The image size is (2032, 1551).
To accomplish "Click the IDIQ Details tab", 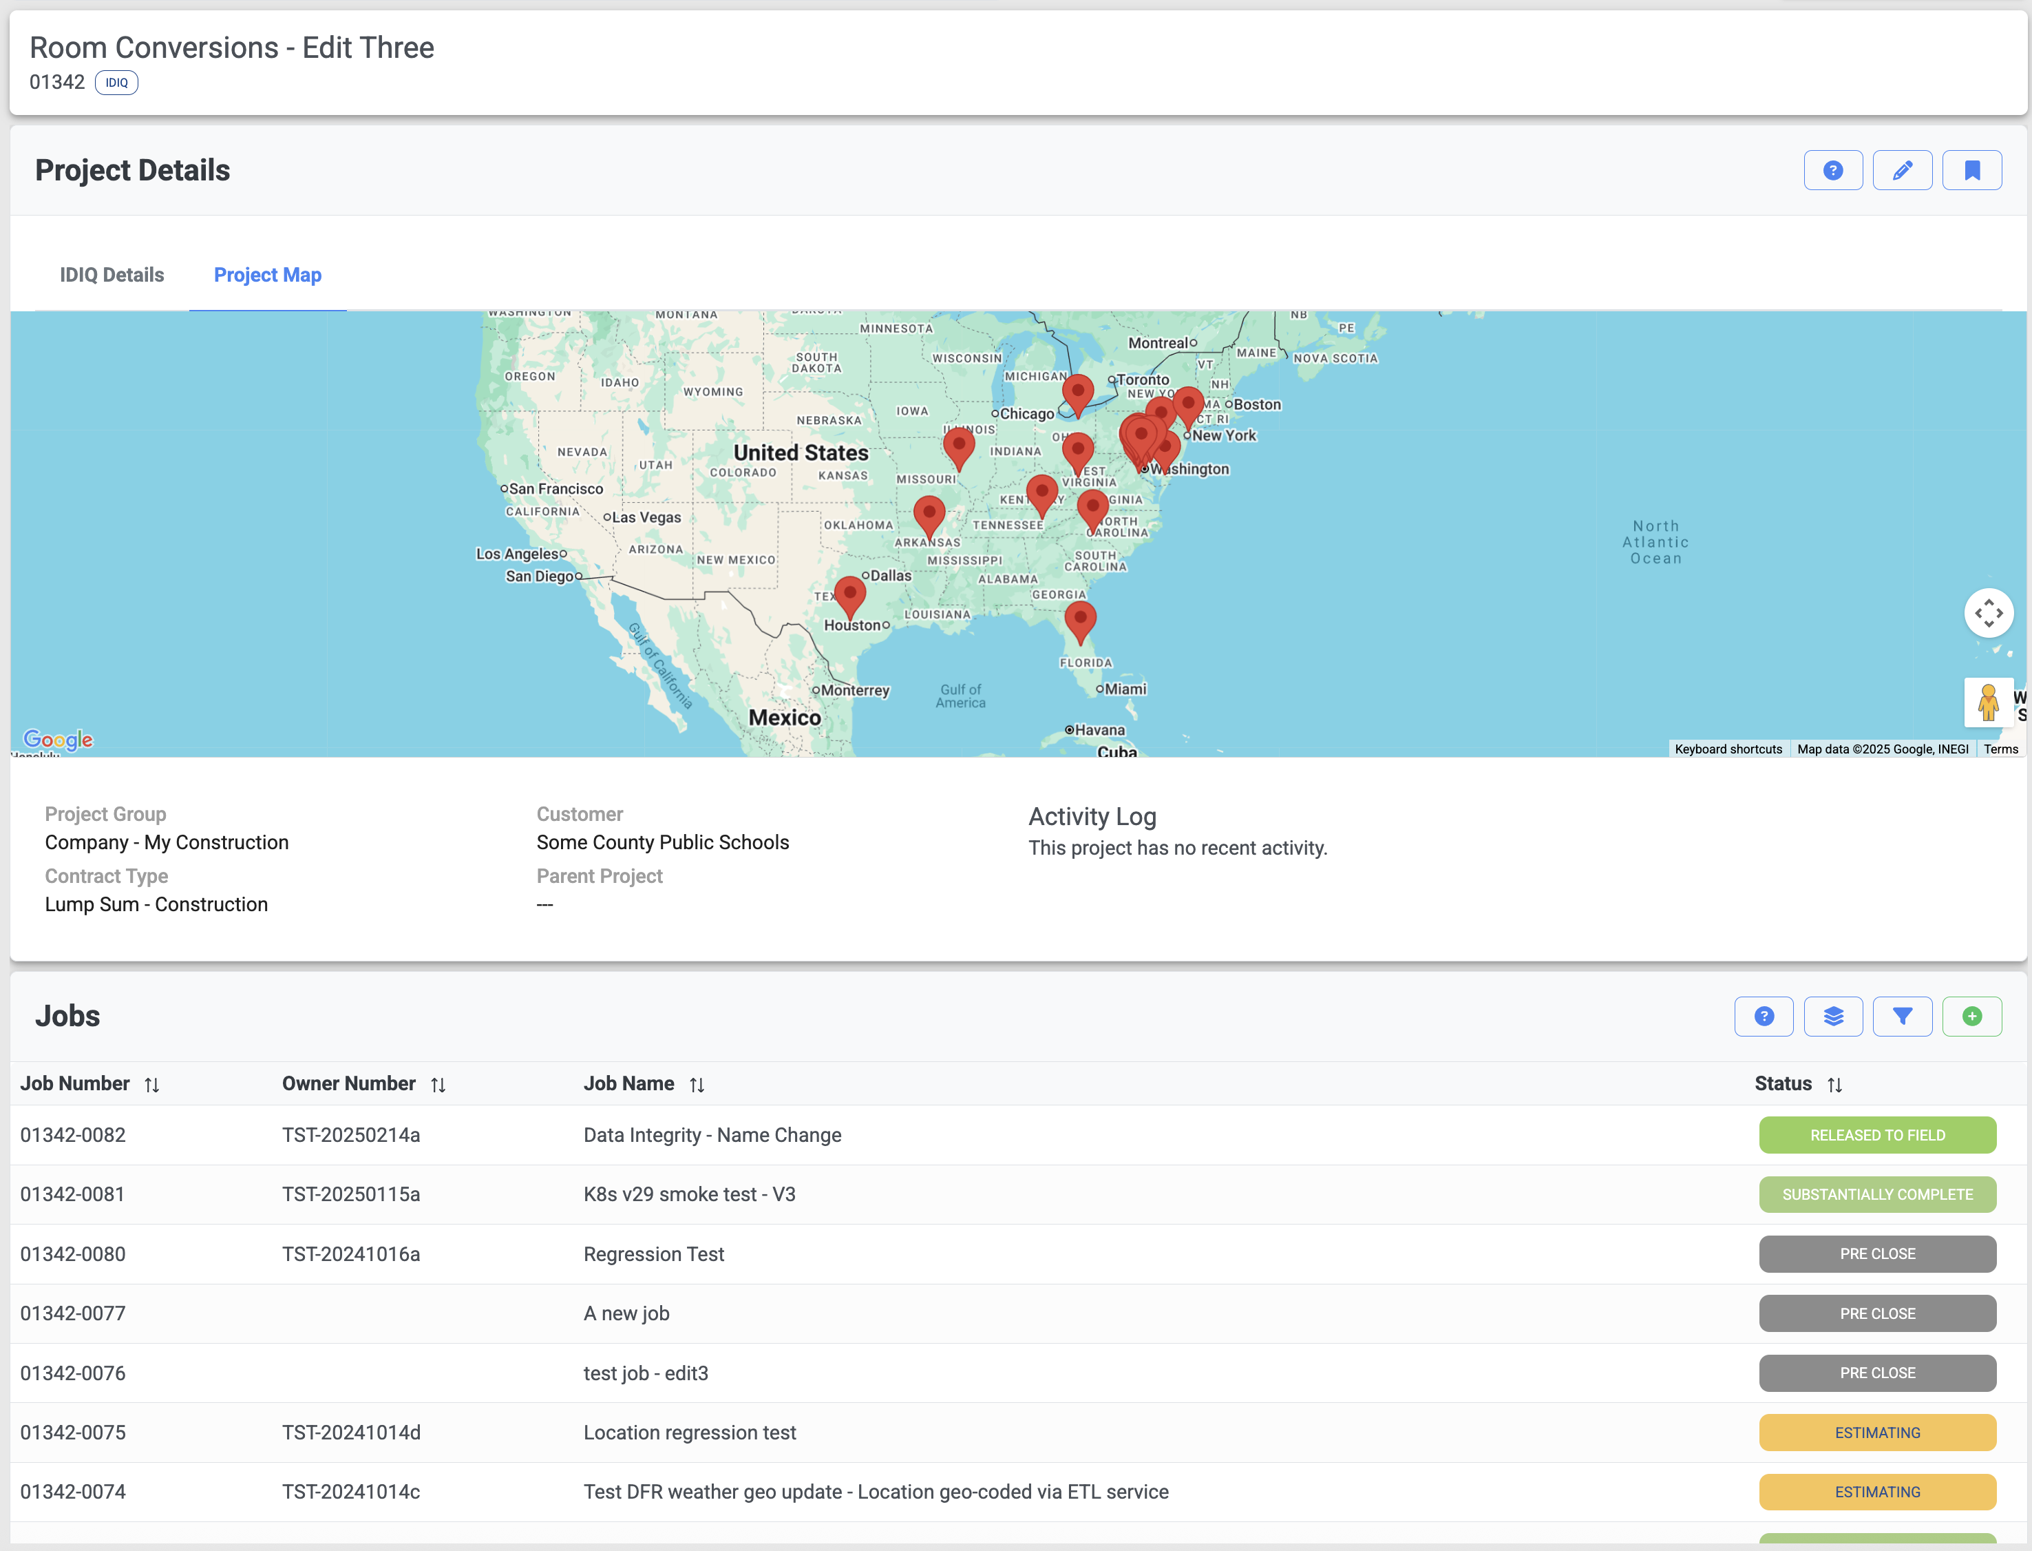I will point(112,275).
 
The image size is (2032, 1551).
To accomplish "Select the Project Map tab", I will point(268,275).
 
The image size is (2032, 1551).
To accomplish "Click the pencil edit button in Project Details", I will point(1902,171).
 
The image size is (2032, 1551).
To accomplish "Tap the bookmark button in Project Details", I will point(1971,171).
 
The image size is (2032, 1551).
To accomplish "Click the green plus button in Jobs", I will point(1971,1017).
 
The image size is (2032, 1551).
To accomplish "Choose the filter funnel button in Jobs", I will point(1902,1017).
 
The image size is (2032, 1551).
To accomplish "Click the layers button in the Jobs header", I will point(1832,1017).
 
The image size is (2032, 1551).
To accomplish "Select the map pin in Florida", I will point(1080,621).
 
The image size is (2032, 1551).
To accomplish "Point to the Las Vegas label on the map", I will point(646,518).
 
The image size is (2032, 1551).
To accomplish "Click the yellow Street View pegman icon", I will point(1988,702).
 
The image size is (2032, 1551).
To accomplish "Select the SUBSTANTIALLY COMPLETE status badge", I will point(1877,1195).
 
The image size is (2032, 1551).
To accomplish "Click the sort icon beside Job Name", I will point(697,1085).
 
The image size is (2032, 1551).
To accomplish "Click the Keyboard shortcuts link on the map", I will point(1728,749).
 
